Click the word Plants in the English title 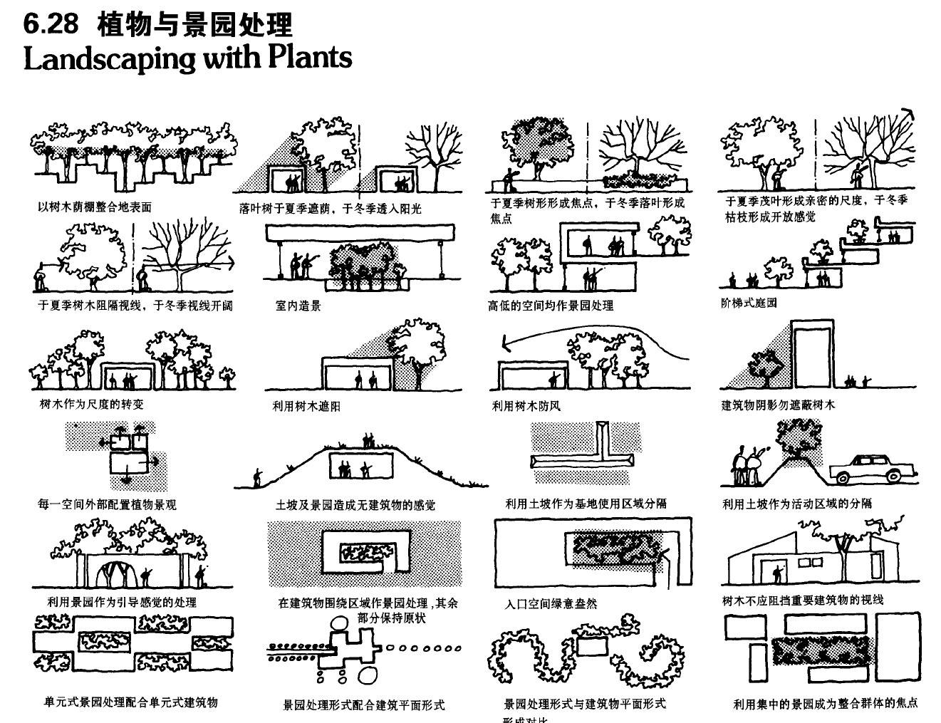point(310,57)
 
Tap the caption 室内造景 point(298,306)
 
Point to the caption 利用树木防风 point(526,405)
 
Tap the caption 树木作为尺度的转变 point(91,405)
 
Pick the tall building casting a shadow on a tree point(812,355)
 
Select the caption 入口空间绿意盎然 point(551,604)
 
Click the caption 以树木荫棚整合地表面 point(94,207)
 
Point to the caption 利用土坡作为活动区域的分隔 point(797,504)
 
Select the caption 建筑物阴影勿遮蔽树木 point(778,405)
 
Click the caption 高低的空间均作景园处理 point(551,306)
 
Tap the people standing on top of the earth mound point(368,442)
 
